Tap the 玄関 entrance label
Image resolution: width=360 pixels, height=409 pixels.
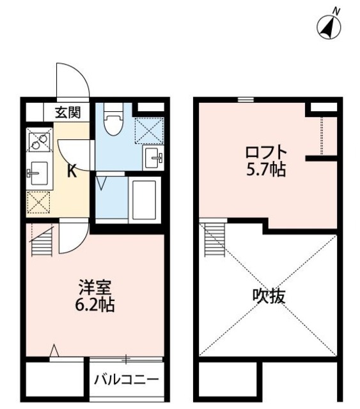[67, 113]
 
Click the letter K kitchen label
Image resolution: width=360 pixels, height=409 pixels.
[72, 171]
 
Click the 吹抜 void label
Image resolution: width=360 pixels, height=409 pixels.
[267, 297]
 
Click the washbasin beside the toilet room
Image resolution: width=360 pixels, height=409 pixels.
[153, 157]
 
